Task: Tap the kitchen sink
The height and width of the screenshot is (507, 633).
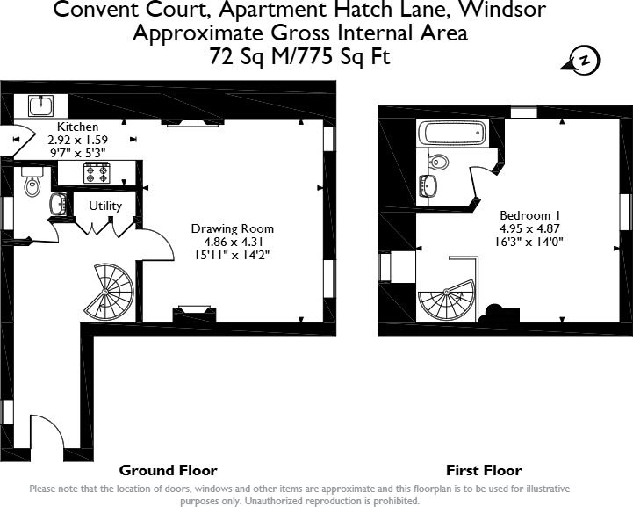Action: point(40,105)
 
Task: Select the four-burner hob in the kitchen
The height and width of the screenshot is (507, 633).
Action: point(96,173)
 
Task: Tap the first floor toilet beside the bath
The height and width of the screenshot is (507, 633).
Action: point(439,161)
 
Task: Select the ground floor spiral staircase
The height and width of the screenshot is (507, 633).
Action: point(112,290)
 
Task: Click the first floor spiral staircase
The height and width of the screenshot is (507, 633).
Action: point(447,301)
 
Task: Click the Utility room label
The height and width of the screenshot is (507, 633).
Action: point(105,206)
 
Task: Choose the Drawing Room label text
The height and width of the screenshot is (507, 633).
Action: point(233,228)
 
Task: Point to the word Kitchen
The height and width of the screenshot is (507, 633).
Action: point(78,127)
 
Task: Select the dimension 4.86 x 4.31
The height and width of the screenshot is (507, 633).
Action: point(233,242)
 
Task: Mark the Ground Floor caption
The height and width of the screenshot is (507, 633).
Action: point(168,470)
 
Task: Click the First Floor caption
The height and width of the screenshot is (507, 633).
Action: point(484,470)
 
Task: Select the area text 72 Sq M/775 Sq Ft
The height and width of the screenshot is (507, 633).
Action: point(299,57)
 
